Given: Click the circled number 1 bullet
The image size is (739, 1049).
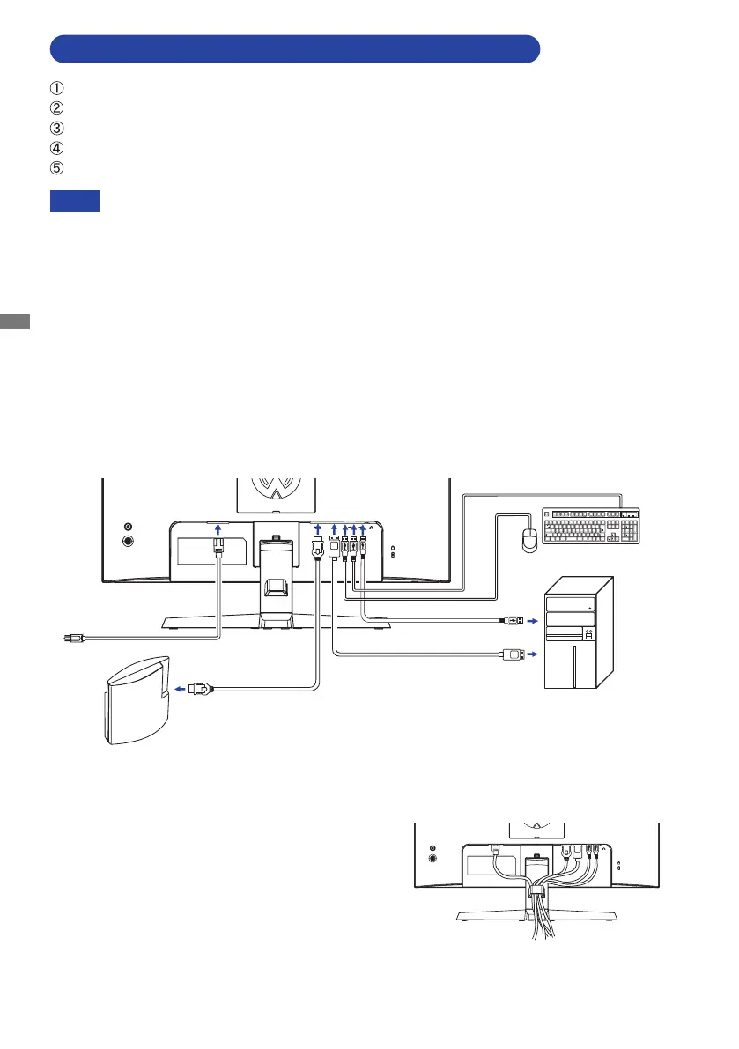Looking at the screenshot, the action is click(56, 87).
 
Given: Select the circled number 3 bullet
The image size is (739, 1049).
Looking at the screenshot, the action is click(56, 128).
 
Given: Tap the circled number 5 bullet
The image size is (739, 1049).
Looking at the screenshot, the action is click(56, 167).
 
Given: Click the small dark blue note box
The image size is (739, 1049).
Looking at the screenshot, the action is click(74, 202).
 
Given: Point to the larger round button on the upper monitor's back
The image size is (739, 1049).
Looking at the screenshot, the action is click(129, 542).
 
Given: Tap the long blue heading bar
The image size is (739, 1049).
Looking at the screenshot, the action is click(294, 49).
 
